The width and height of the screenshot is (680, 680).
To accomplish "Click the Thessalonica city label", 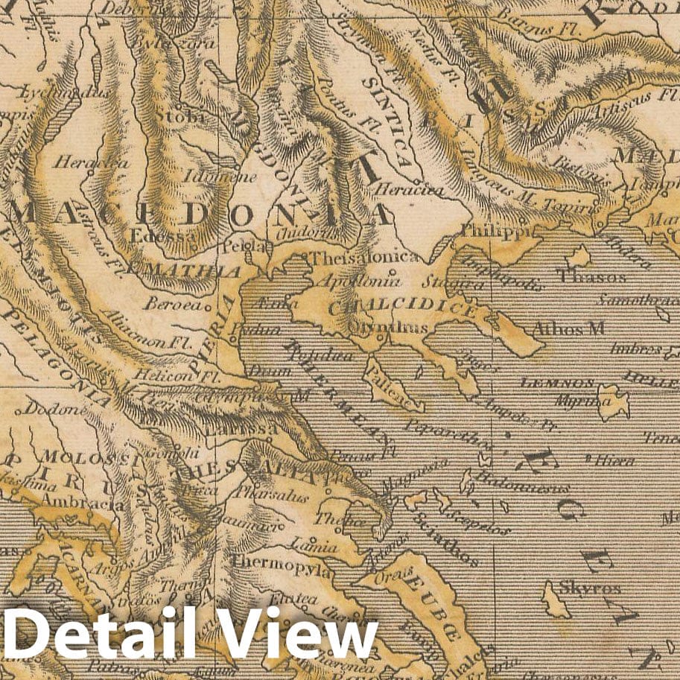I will coord(363,258).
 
